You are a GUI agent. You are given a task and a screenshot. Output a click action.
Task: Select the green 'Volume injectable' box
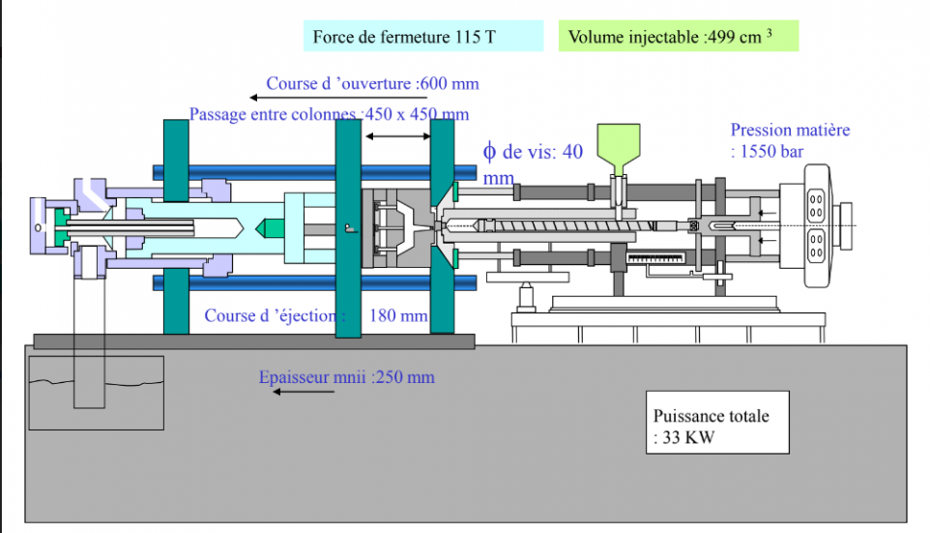point(679,37)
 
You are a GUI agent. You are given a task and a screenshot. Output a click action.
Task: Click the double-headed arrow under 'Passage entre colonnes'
point(398,137)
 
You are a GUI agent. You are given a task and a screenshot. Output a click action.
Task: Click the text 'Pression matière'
point(790,130)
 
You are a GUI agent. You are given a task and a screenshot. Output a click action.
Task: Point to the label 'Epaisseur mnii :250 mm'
point(346,376)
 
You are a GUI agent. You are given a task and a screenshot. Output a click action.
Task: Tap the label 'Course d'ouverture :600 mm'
point(372,83)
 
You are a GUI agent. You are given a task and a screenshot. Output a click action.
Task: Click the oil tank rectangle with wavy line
point(96,392)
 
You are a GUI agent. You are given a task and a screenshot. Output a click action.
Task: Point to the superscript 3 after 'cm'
point(769,31)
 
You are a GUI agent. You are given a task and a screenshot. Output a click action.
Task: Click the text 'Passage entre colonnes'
point(273,114)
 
